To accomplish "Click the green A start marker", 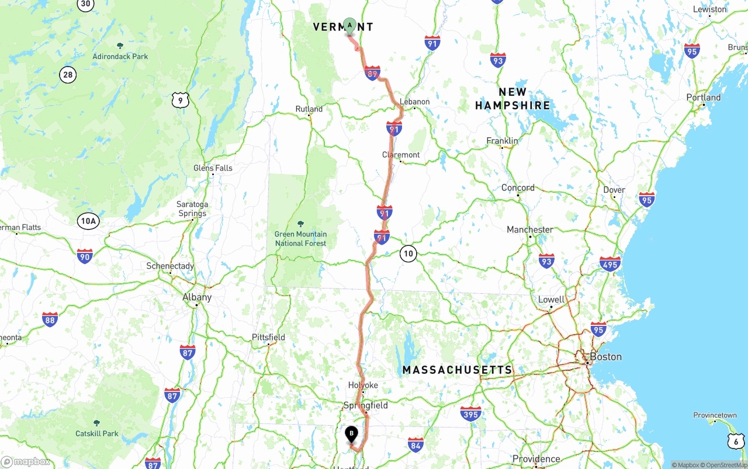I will pos(349,26).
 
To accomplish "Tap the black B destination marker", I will pos(351,434).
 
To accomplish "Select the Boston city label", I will pos(605,356).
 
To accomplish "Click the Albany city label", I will pos(197,297).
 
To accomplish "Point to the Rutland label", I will pos(309,109).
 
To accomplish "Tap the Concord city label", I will pos(518,187).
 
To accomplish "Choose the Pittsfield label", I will pos(268,337).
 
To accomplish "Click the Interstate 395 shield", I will pos(470,414).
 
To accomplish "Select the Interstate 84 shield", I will pos(415,444).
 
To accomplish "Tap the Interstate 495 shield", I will pos(610,264).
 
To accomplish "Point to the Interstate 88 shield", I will pos(50,319).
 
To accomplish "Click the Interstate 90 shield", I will pos(85,256).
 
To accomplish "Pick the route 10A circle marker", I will pos(88,221).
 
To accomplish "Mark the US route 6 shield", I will pos(736,441).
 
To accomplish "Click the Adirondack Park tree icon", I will pos(120,46).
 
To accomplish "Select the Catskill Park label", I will pos(97,433).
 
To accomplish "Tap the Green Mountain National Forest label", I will pos(300,238).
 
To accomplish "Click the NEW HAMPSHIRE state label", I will pos(512,99).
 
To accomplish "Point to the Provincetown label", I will pos(715,415).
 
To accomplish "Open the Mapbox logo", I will pos(26,462).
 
